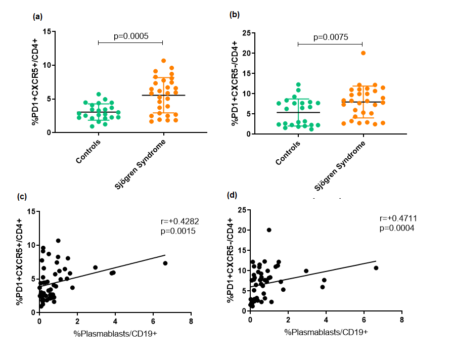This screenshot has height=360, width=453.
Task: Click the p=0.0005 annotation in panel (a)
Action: coord(130,36)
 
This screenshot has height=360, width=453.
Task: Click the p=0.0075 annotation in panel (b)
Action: coord(331,37)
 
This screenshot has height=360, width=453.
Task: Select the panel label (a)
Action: coord(37,16)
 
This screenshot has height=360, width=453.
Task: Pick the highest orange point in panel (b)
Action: coord(363,53)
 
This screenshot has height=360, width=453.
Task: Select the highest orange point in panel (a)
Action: coord(163,61)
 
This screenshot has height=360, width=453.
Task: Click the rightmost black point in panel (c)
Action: coord(165,263)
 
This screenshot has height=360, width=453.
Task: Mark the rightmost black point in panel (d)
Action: coord(376,268)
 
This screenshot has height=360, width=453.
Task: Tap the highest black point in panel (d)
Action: coord(269,230)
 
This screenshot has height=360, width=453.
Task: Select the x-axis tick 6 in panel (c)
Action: coord(153,321)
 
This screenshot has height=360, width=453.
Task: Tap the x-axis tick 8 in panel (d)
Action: coord(401,321)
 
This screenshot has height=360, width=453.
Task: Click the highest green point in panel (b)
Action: coord(298,84)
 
